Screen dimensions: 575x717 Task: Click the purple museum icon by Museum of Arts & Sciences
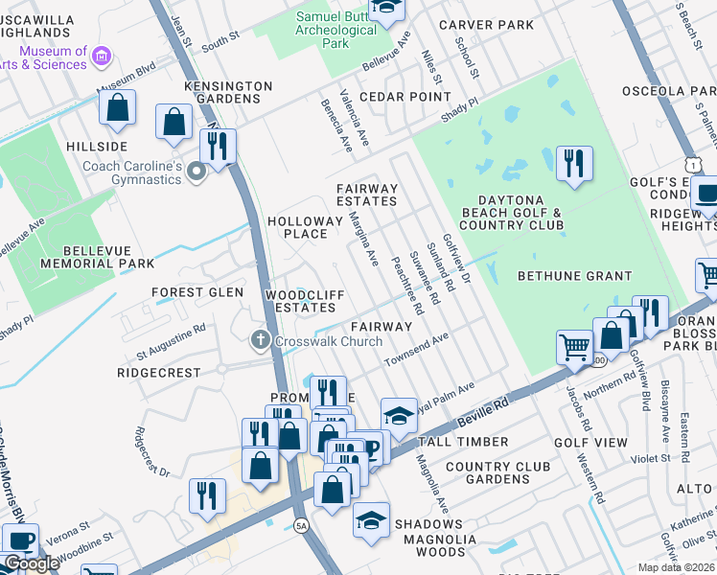[x=102, y=59]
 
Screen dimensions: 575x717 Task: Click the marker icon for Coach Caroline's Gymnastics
[x=197, y=173]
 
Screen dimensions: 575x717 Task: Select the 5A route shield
[x=302, y=525]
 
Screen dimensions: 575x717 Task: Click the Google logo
[x=32, y=563]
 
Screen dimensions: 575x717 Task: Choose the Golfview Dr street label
[x=456, y=258]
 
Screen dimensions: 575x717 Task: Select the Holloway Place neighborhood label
[x=304, y=227]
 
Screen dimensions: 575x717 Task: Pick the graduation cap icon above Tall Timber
[x=400, y=415]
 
